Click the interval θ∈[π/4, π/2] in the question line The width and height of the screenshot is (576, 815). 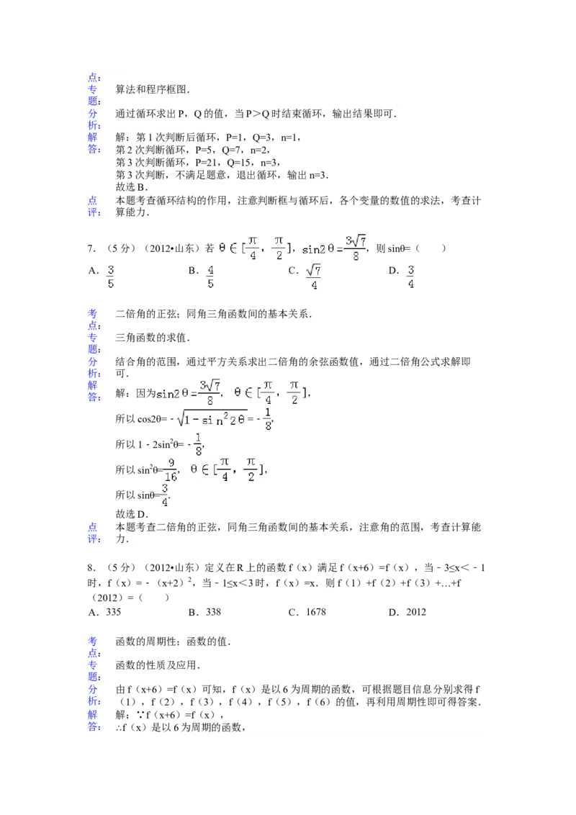tap(256, 248)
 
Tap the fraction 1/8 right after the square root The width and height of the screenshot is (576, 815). tap(267, 420)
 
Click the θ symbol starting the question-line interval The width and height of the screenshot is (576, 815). tap(222, 248)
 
